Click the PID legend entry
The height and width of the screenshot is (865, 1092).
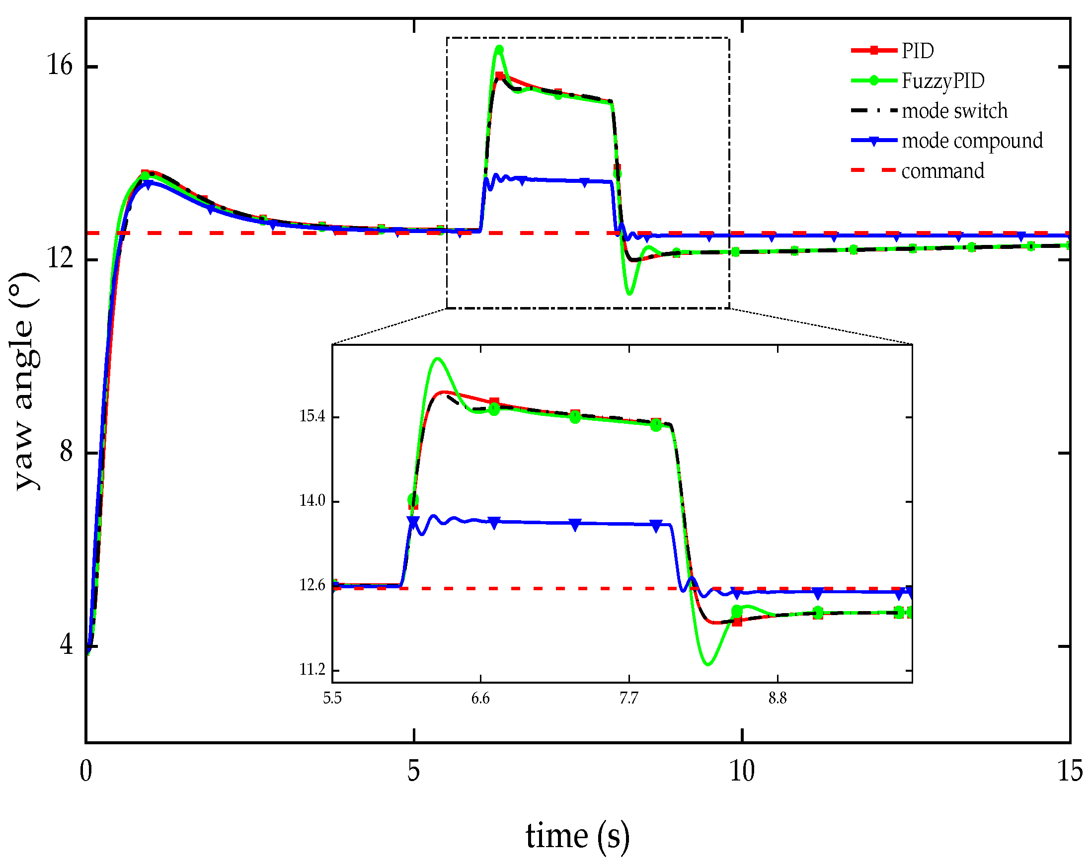(x=917, y=51)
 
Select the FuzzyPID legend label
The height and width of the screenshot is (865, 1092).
(x=942, y=80)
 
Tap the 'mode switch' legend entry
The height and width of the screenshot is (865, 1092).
(x=954, y=111)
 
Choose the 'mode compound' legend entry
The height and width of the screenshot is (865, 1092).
(x=972, y=141)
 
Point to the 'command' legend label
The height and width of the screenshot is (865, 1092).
(x=942, y=171)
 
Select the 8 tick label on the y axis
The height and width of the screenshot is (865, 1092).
(x=67, y=451)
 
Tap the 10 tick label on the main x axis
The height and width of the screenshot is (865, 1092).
(x=742, y=772)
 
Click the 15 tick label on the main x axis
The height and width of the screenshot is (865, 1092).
(x=1070, y=772)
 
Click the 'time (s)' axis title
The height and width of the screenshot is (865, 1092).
(x=577, y=836)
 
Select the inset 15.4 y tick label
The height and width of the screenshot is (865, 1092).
(x=312, y=416)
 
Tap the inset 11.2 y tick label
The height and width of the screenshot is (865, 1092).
(x=312, y=670)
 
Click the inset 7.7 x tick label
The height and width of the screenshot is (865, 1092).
(x=628, y=699)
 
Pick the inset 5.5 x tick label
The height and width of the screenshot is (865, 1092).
(x=332, y=699)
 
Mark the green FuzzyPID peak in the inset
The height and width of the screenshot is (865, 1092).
(x=437, y=359)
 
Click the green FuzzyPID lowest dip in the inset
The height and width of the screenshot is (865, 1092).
(x=708, y=664)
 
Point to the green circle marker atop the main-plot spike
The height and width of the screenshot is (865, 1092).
(x=499, y=50)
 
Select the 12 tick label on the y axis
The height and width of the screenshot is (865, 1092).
(x=60, y=259)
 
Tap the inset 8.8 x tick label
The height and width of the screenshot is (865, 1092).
(x=778, y=699)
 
